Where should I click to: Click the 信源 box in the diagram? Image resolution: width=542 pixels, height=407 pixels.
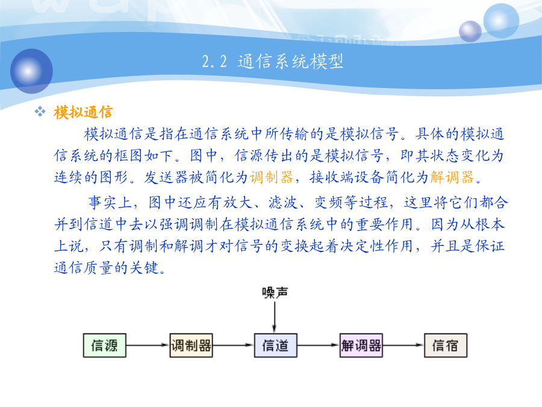(x=104, y=345)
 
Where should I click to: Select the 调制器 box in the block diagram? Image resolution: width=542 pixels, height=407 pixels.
(x=191, y=345)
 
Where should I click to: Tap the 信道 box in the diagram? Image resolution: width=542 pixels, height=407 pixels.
(x=275, y=345)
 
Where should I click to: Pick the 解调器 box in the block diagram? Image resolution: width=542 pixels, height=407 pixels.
(x=361, y=345)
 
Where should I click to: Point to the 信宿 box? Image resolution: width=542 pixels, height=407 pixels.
(x=446, y=345)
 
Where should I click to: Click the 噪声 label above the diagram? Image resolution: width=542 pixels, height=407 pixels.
(x=275, y=292)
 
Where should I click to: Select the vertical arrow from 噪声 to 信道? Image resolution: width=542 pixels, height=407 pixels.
(x=275, y=317)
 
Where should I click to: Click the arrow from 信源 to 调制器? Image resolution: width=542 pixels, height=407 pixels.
(x=148, y=345)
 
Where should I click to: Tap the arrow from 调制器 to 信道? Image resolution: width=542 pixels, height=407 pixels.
(x=233, y=345)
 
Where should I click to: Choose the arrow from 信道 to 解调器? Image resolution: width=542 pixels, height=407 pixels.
(x=319, y=345)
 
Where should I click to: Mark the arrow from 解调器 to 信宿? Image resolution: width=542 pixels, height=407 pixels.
(x=403, y=345)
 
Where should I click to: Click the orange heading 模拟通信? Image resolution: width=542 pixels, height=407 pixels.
(x=83, y=113)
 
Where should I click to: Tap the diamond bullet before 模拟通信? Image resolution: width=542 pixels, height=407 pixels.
(x=40, y=112)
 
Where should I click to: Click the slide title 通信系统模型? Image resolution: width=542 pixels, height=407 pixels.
(x=290, y=62)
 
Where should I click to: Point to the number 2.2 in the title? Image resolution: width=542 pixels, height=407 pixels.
(x=214, y=62)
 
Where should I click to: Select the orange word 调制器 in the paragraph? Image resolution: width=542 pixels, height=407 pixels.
(x=272, y=177)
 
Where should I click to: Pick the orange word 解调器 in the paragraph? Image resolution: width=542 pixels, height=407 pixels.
(x=452, y=177)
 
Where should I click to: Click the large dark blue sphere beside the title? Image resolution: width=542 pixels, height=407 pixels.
(x=31, y=71)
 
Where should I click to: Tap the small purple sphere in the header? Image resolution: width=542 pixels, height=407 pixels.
(x=470, y=31)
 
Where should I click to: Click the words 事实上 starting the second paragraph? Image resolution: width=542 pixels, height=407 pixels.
(x=110, y=203)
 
